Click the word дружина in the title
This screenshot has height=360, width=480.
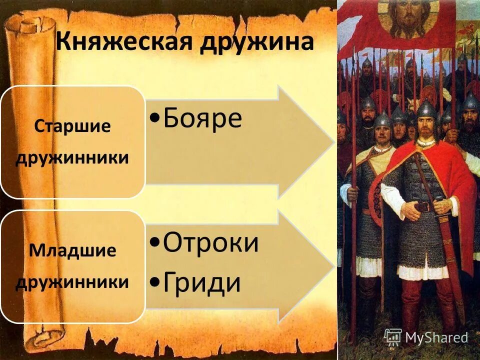(256, 42)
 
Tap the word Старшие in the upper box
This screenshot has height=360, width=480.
(72, 126)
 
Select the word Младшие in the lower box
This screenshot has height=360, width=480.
(72, 250)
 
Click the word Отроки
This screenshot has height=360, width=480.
(211, 243)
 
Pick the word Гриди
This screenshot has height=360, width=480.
(202, 283)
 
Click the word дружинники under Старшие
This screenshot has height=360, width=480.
(72, 158)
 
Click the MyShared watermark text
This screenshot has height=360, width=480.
(436, 338)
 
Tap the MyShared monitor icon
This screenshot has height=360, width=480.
(393, 337)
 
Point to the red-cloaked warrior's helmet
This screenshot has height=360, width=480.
(426, 109)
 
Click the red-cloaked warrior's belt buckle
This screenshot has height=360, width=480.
(424, 206)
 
